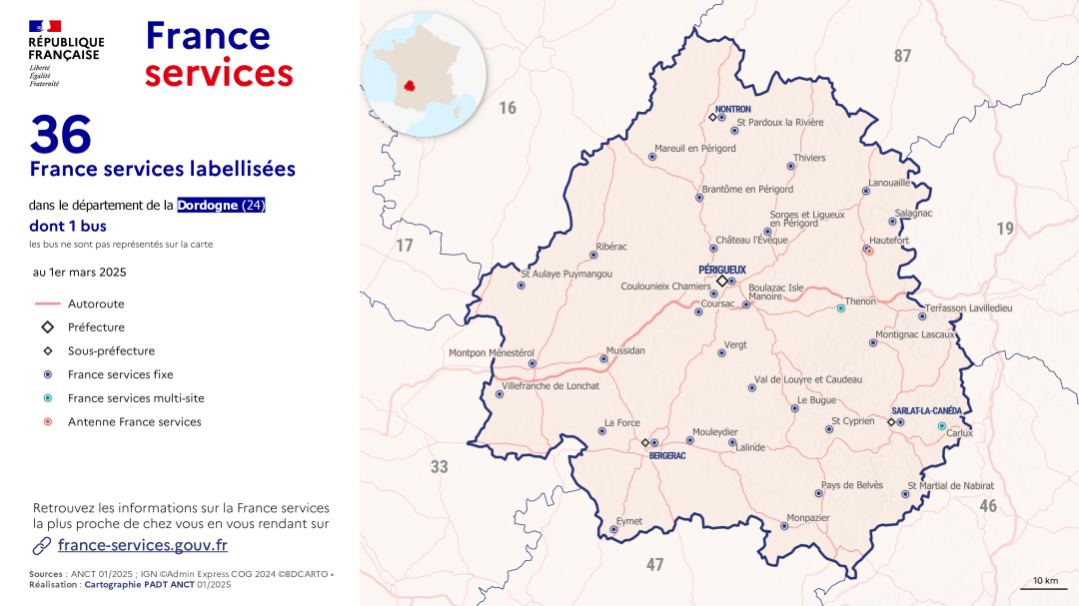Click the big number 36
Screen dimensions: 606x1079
coord(61,135)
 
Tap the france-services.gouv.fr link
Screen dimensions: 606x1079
coord(142,545)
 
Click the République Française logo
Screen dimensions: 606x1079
coord(66,53)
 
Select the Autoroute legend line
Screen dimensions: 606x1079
coord(47,303)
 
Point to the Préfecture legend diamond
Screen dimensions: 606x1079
coord(47,327)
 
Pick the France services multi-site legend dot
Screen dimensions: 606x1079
coord(47,398)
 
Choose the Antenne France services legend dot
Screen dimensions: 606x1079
coord(47,422)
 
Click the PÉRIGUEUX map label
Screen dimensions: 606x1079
coord(722,270)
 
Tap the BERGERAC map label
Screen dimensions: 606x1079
coord(667,455)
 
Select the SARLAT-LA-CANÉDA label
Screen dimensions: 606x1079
coord(926,411)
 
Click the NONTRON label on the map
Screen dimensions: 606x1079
coord(733,109)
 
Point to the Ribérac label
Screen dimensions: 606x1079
coord(611,246)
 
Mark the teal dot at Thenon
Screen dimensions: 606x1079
coord(841,308)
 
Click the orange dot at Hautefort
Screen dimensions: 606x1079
coord(869,251)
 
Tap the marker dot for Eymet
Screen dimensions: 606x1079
coord(613,529)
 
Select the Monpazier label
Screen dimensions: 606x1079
coord(808,518)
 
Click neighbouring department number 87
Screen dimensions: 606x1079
coord(902,57)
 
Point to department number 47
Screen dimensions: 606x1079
coord(654,565)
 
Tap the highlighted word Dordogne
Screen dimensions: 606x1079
coord(208,206)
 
